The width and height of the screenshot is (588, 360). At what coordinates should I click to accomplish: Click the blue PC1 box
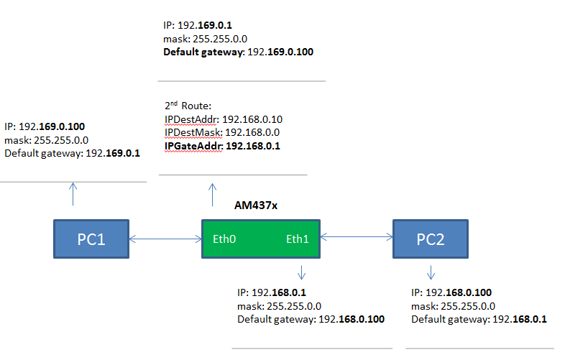coord(91,239)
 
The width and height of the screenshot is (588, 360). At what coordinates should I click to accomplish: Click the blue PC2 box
coord(431,239)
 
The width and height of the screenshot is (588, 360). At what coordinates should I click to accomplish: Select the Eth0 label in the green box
coord(225,239)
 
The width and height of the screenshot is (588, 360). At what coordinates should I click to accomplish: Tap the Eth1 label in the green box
coord(298,239)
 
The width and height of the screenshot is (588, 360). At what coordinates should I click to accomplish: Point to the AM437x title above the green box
coord(256,206)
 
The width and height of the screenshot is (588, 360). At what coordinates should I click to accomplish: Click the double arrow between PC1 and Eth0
coord(165,239)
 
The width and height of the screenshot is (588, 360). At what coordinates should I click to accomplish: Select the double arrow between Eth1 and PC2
coord(357,235)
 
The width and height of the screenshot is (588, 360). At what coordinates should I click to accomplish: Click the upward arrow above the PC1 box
coord(72,194)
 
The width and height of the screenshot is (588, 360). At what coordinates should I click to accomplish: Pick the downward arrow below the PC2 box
coord(431,273)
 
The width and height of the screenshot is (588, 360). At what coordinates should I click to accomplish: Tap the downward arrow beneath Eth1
coord(301,273)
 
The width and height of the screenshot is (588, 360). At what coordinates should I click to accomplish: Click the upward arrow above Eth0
coord(212,195)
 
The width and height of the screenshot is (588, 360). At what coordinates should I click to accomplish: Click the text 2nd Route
coord(188,105)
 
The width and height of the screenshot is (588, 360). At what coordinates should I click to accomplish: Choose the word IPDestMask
coord(193,133)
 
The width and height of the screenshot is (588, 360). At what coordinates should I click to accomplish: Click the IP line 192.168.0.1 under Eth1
coord(280,293)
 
